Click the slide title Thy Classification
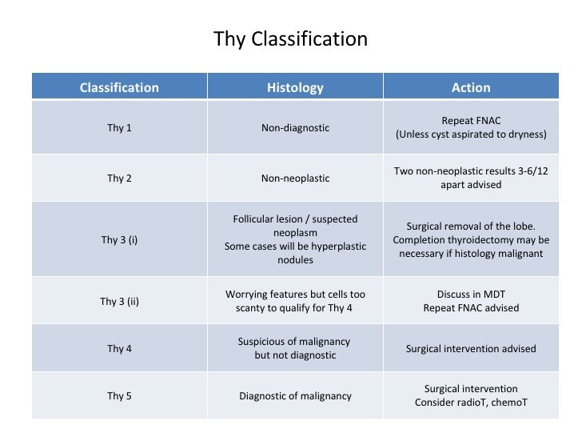coord(290,38)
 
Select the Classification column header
coord(119,87)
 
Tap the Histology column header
coord(295,87)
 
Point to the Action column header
coord(471,87)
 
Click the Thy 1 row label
coord(119,127)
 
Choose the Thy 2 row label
coord(119,178)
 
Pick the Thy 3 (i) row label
coord(119,239)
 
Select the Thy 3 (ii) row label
coord(119,302)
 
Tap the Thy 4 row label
coord(119,348)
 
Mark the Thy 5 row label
coord(119,395)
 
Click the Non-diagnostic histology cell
coord(295,127)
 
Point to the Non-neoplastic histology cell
coord(295,178)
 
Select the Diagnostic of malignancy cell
coord(295,395)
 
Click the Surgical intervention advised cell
coord(471,348)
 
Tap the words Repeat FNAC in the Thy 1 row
coord(471,121)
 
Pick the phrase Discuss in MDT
coord(471,295)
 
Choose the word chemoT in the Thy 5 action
coord(509,403)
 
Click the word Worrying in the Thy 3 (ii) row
coord(249,295)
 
